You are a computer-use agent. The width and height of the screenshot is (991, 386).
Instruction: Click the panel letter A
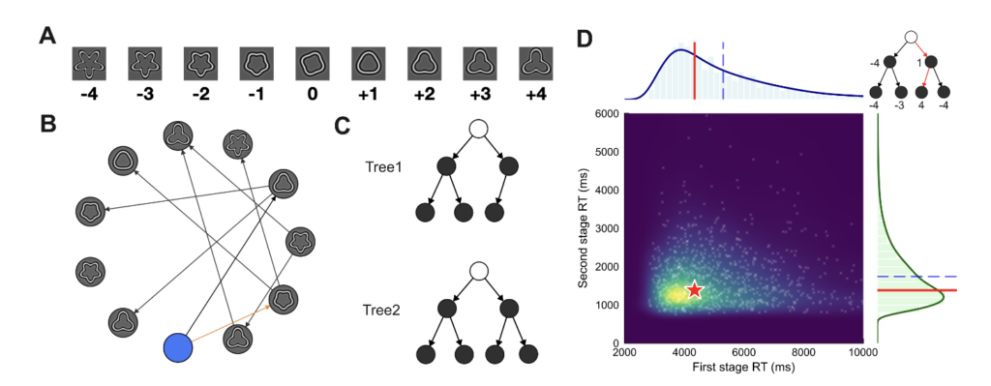[47, 37]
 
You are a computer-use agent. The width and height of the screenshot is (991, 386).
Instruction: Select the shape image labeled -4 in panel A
[89, 64]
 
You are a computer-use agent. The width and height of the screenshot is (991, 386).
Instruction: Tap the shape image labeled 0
[313, 64]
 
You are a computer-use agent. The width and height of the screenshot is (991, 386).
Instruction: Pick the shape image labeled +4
[535, 64]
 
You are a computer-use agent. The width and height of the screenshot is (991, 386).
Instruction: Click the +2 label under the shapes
[424, 94]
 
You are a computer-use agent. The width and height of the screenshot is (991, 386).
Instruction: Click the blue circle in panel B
[177, 348]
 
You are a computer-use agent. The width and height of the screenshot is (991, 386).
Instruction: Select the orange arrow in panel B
[231, 323]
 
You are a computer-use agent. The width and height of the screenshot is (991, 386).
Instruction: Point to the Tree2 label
[381, 311]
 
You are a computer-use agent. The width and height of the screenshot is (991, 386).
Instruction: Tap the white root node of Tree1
[478, 131]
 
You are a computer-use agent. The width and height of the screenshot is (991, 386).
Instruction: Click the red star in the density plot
[695, 289]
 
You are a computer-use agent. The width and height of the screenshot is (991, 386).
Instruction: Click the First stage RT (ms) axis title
[743, 367]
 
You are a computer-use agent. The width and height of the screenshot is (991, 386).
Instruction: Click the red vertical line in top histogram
[695, 71]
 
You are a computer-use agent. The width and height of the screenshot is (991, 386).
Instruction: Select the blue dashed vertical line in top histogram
[723, 71]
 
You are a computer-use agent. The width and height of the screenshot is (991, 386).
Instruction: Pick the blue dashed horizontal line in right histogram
[917, 276]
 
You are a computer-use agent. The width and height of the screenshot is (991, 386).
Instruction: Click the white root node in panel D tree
[911, 38]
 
